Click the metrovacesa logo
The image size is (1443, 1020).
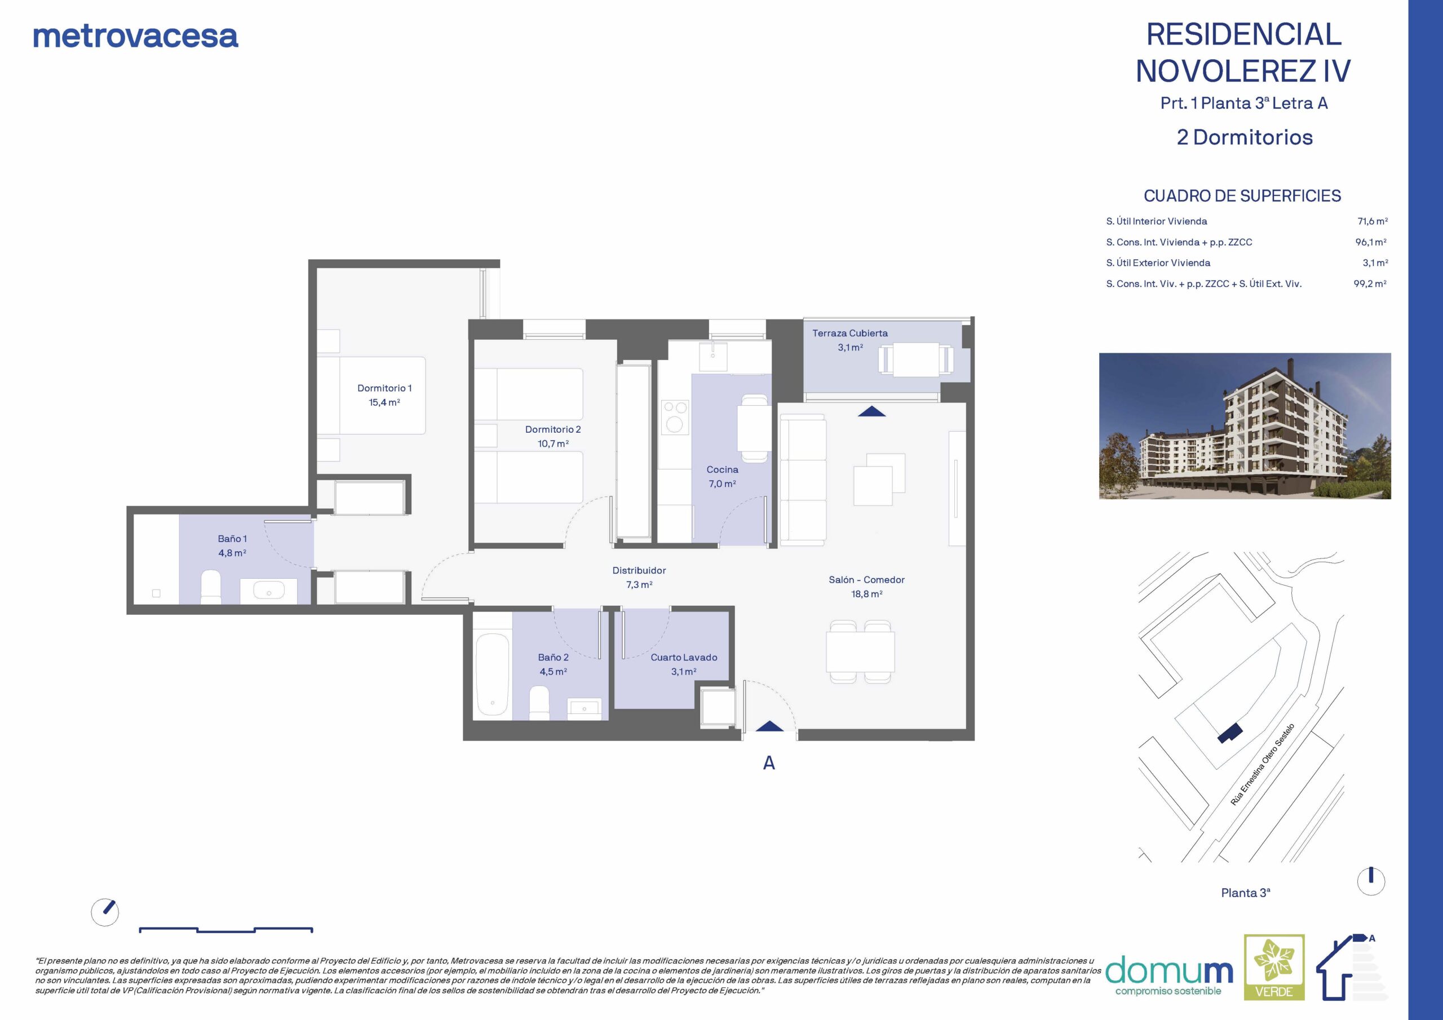[136, 37]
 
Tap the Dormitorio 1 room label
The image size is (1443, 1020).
[384, 388]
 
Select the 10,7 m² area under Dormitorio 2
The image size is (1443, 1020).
[553, 444]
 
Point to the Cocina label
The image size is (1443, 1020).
[722, 469]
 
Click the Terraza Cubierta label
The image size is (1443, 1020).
[849, 333]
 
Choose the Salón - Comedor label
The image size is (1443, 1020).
[867, 580]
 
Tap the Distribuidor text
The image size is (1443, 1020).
[639, 571]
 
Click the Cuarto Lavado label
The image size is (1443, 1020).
[684, 658]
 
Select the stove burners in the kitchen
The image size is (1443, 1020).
[674, 416]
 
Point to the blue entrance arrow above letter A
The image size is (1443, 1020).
[769, 726]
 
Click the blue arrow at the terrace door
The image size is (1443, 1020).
[871, 411]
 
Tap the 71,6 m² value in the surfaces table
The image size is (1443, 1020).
[1373, 221]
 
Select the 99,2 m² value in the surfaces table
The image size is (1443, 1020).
[1370, 283]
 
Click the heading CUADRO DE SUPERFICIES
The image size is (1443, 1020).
[1242, 196]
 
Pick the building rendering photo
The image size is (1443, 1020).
[1245, 426]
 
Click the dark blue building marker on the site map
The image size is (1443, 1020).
[1230, 733]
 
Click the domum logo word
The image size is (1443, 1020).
[1169, 971]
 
